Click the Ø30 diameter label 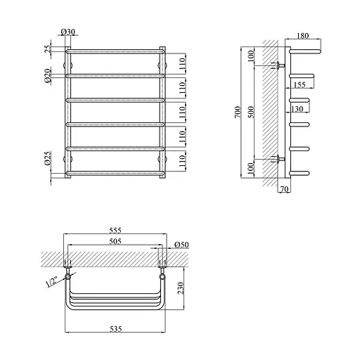point(68,32)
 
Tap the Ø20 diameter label point(48,75)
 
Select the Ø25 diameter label point(48,158)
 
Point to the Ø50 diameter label point(181,245)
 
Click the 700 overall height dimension point(238,112)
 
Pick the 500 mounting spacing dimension point(251,112)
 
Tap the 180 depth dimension point(303,36)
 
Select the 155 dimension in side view point(300,84)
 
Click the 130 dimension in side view point(297,109)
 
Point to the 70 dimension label point(284,189)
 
